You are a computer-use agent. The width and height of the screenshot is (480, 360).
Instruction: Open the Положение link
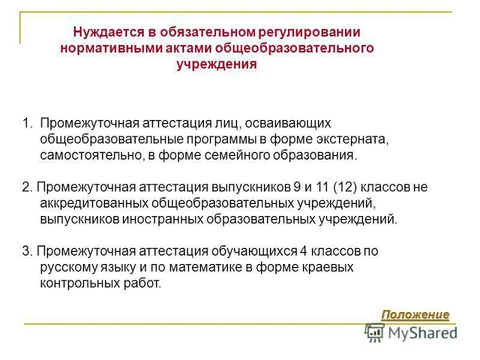pyautogui.click(x=415, y=314)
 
